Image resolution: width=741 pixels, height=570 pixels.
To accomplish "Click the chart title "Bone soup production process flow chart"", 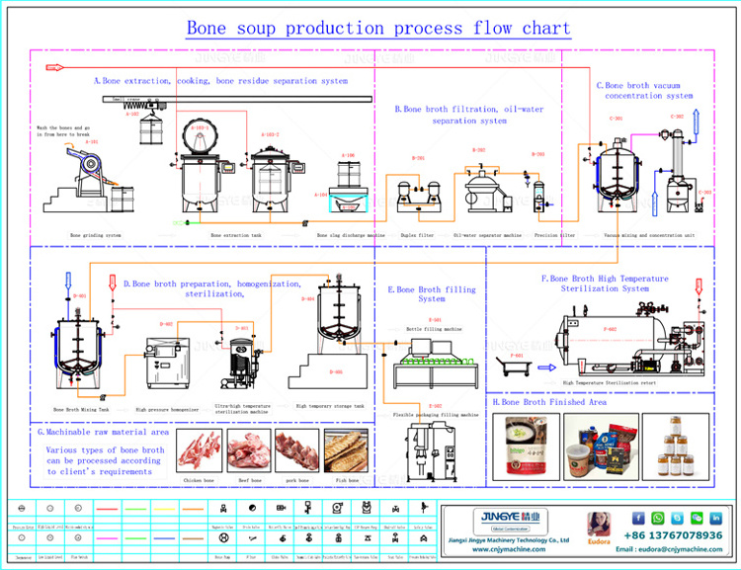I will click(378, 28).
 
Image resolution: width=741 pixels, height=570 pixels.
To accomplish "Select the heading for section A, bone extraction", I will click(220, 80).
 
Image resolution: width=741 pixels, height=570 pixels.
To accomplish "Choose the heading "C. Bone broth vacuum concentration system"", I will click(644, 90).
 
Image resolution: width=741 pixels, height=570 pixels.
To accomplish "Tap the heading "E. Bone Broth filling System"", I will click(432, 293).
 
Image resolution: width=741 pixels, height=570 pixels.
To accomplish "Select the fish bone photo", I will click(347, 449).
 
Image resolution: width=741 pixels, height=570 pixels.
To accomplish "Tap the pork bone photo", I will click(296, 449).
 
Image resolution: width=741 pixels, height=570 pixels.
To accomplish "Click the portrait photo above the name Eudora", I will click(599, 523).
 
